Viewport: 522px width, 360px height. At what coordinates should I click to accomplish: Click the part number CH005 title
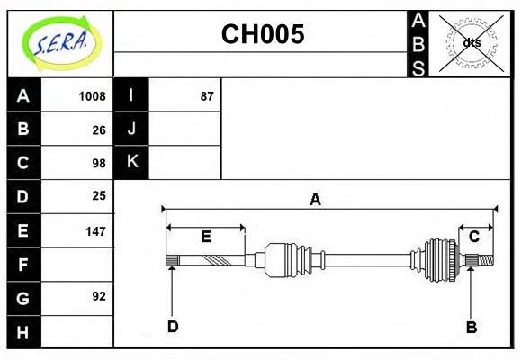click(x=263, y=35)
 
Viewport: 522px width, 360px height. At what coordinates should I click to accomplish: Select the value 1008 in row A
click(x=92, y=96)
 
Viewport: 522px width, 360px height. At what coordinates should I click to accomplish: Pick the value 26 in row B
click(x=98, y=130)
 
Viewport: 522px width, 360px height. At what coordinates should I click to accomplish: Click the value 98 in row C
click(x=98, y=163)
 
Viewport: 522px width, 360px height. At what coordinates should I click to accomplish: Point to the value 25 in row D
click(x=98, y=195)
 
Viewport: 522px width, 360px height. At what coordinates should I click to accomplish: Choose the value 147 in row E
click(x=94, y=230)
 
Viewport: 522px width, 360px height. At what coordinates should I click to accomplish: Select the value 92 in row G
click(x=98, y=295)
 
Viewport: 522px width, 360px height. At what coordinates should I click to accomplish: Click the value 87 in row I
click(x=206, y=96)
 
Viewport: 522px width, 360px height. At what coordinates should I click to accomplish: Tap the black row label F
click(x=23, y=265)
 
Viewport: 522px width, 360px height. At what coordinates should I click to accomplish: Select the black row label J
click(x=131, y=129)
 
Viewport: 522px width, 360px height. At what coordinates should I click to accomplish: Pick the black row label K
click(x=131, y=162)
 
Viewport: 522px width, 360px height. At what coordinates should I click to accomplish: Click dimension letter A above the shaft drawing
click(x=315, y=200)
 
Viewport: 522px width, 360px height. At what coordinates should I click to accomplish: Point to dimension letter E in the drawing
click(x=205, y=237)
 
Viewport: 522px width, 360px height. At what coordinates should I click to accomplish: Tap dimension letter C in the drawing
click(x=473, y=237)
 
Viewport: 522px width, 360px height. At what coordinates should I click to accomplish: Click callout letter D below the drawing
click(x=172, y=327)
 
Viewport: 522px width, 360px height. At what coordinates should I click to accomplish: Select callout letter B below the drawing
click(x=471, y=327)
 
